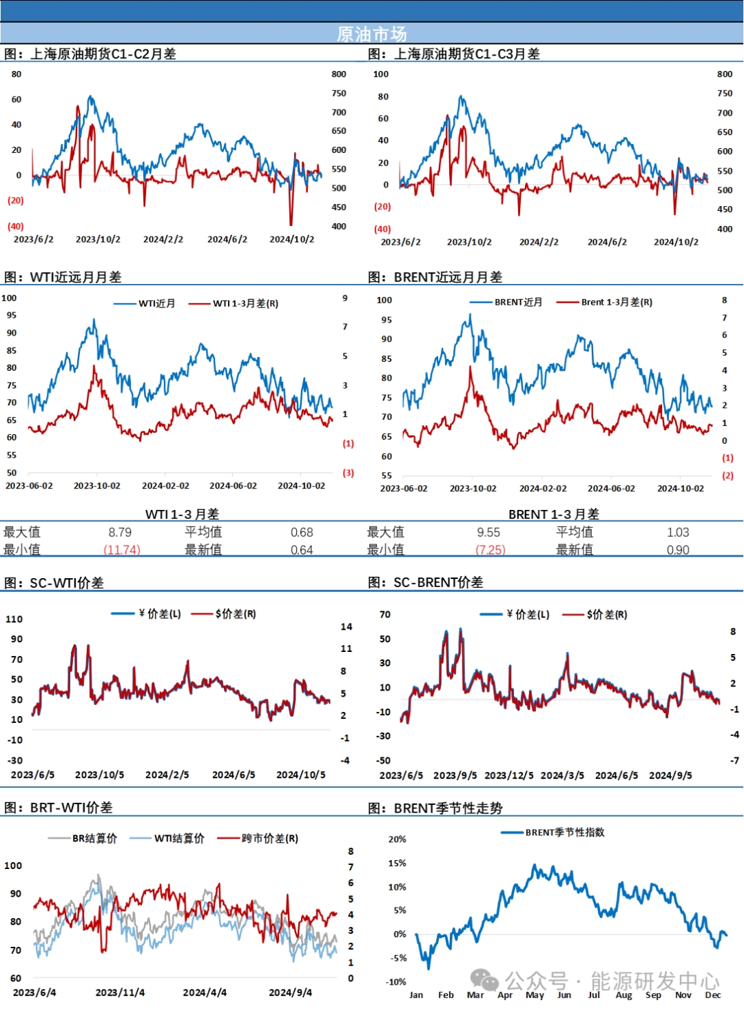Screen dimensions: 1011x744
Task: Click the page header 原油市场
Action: (371, 34)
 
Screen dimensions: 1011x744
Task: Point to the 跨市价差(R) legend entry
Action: (258, 838)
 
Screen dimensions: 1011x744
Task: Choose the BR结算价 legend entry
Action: (83, 838)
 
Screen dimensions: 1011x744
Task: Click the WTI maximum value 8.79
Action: (120, 532)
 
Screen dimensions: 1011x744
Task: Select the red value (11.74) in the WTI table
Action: (122, 550)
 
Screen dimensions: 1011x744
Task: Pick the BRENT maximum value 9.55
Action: (488, 532)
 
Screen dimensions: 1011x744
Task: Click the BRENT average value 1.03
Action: (678, 532)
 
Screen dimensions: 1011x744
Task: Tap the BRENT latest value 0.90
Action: (678, 550)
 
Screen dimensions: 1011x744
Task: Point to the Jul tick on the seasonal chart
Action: (594, 994)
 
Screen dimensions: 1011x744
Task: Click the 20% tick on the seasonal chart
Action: (397, 839)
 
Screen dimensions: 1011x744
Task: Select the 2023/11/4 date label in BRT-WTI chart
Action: (120, 992)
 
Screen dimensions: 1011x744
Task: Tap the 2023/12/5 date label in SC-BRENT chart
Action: (509, 775)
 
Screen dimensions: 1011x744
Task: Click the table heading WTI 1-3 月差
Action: (182, 514)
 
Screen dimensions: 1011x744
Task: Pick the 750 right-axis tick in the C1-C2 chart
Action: (339, 93)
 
